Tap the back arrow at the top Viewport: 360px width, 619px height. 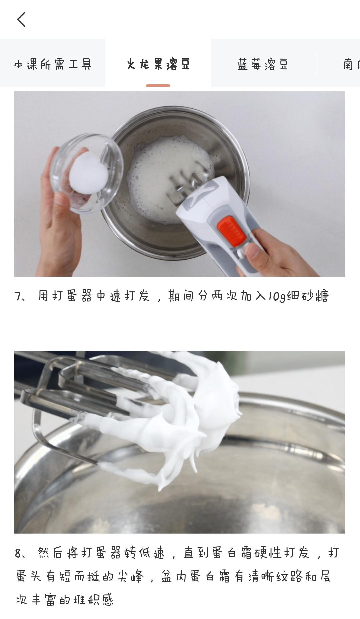coord(21,19)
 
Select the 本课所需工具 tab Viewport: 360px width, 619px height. coord(53,64)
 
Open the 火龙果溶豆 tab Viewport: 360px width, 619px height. coord(158,64)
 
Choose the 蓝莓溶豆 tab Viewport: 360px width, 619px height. coord(263,64)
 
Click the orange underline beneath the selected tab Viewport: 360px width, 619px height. coord(158,85)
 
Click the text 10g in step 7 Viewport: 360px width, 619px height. coord(276,296)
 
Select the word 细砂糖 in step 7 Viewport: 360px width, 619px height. coord(308,296)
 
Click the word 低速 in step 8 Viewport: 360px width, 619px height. coord(152,553)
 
